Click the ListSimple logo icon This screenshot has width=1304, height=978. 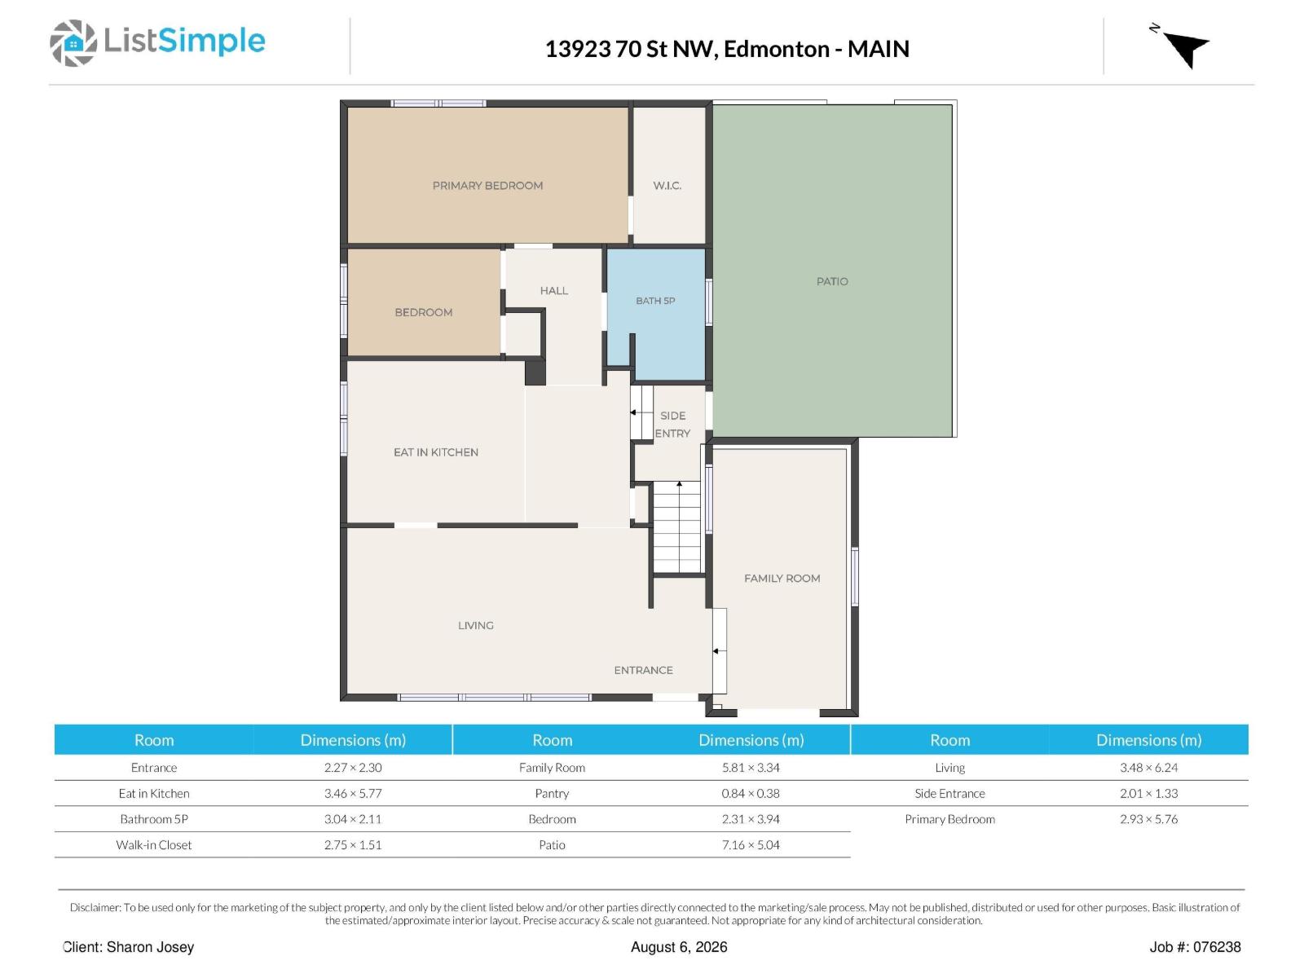(x=73, y=42)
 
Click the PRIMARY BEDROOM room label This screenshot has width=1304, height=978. (x=487, y=185)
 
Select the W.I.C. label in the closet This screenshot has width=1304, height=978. (x=667, y=185)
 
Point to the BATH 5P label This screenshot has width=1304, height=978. (x=654, y=301)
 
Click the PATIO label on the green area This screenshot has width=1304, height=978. (x=832, y=281)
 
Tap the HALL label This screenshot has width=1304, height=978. (x=553, y=290)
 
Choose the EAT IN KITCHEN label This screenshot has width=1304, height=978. (x=435, y=452)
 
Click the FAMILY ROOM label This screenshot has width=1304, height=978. (x=782, y=578)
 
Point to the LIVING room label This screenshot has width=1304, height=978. (x=475, y=624)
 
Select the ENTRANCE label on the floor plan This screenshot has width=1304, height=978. (x=643, y=670)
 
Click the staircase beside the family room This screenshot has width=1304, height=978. (x=677, y=526)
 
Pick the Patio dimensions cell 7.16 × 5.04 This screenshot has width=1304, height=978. (x=750, y=844)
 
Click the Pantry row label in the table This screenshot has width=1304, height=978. (x=551, y=793)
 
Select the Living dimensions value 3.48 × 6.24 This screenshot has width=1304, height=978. (x=1148, y=767)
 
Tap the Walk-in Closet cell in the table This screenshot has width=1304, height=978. (x=153, y=844)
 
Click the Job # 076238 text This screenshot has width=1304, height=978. (x=1194, y=946)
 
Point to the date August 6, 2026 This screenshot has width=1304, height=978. (x=678, y=946)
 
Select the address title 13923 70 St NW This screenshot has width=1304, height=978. (x=632, y=49)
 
